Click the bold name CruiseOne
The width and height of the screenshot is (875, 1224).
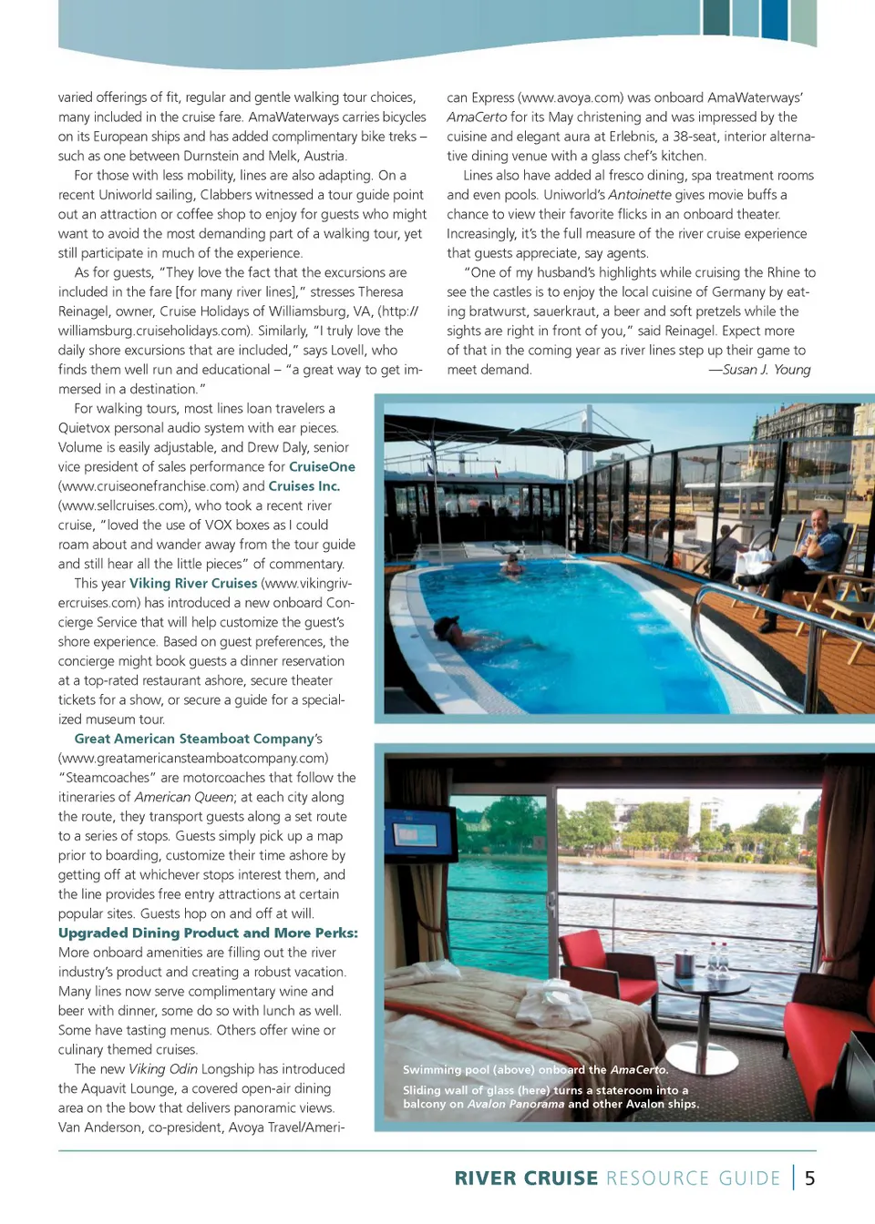(x=322, y=467)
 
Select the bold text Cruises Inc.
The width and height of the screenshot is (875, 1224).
(x=304, y=486)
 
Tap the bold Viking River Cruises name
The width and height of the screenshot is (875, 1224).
(x=193, y=584)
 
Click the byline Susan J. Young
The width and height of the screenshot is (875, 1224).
(x=766, y=370)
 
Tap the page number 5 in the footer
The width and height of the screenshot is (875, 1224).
(x=809, y=1178)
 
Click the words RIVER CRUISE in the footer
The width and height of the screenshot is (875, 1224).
(x=526, y=1178)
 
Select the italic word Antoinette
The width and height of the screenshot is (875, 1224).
(x=639, y=195)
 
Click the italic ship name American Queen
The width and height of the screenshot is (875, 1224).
(x=185, y=797)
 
